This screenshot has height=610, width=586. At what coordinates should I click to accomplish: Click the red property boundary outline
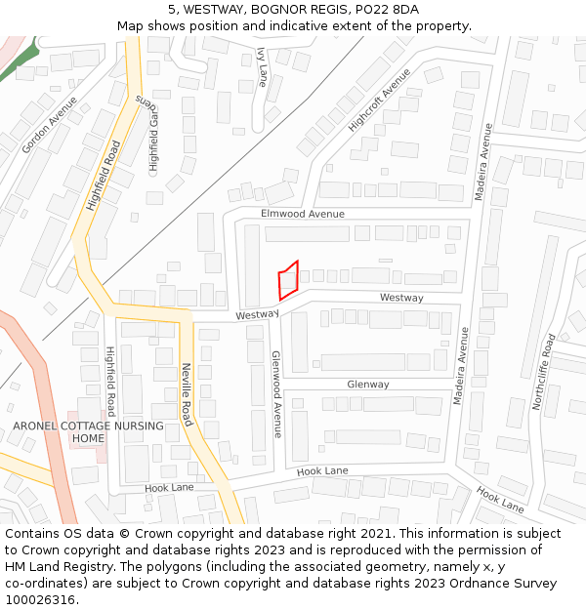coord(288,280)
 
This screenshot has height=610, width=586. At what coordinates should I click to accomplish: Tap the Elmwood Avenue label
coord(302,213)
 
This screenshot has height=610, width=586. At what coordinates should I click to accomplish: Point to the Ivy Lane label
coord(261,67)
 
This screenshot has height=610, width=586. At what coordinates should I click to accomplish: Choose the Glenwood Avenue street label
coord(276,393)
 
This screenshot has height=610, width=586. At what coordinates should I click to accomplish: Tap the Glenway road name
coord(368,385)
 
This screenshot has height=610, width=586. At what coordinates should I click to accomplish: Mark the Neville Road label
coord(187,394)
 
